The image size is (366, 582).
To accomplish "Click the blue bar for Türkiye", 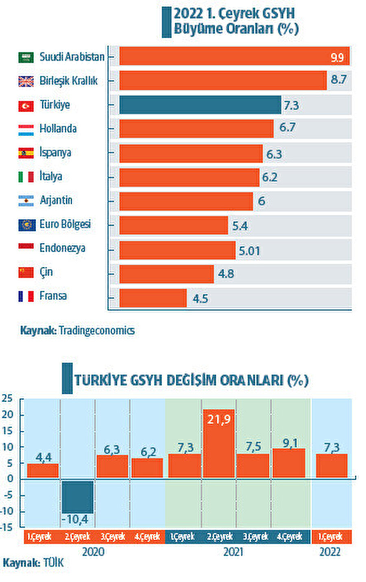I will pos(200,105).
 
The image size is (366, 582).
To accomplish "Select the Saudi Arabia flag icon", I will pos(26,57).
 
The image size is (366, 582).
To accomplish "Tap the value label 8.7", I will pos(338,79).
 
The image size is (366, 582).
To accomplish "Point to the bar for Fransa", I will pos(153,298).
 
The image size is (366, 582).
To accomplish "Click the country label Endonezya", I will pos(62,248).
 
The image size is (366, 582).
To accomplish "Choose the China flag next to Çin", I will pos(26,272).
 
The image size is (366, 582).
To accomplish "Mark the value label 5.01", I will pos(249,251).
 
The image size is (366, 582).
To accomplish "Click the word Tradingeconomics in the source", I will pos(97,330).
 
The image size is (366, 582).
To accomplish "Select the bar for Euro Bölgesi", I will pos(174,225).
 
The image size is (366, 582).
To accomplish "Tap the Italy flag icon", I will pos(26,177).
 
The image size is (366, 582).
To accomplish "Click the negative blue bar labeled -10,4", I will pos(78,497).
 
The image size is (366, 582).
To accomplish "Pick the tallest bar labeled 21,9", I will pos(219,443).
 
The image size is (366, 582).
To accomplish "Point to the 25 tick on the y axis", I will pos(7,398).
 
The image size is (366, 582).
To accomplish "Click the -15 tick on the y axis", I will pos(7,527).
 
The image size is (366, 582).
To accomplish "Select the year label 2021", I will pos(233,551).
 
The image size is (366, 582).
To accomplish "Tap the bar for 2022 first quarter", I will pos(331,465).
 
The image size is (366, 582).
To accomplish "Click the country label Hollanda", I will pos(58,129).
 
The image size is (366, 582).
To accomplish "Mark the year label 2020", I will pos(93,551).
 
